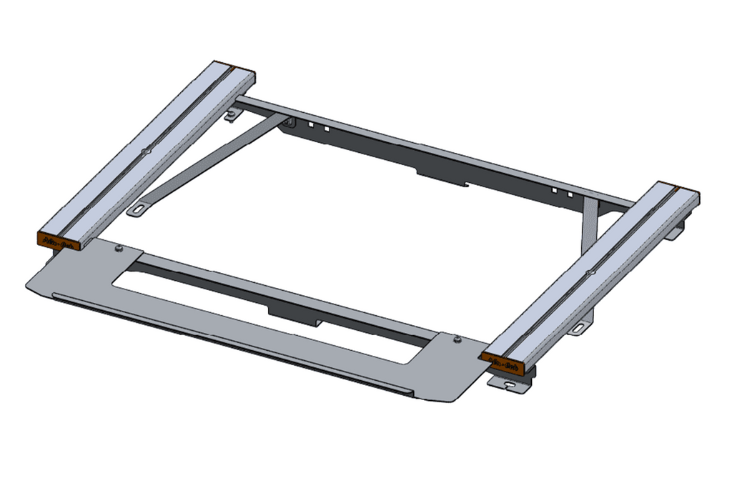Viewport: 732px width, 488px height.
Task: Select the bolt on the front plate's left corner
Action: (118, 249)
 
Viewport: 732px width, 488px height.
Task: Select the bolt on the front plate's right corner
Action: (457, 340)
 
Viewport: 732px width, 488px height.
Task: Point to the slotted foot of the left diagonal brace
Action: (137, 210)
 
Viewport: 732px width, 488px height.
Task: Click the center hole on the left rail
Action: (146, 151)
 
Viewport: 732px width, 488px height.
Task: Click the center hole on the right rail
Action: (590, 272)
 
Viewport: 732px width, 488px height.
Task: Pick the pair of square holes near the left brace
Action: (320, 128)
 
